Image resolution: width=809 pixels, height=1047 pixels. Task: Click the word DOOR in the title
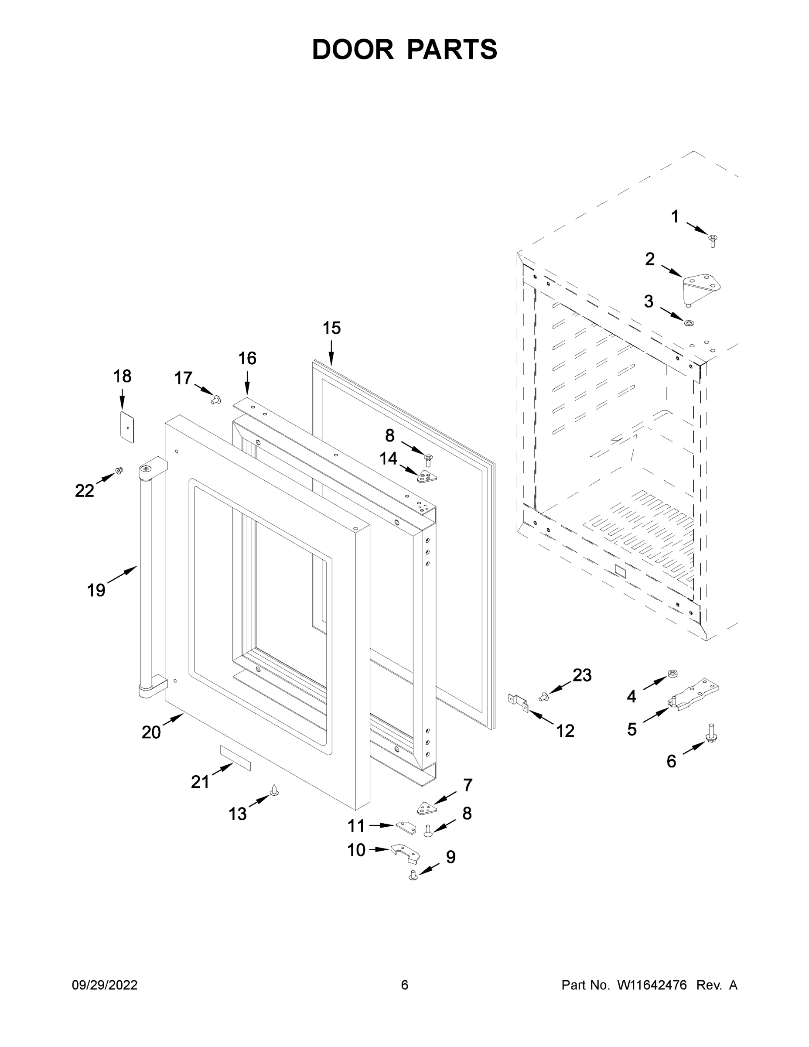(x=352, y=49)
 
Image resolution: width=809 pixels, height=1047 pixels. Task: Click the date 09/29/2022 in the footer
(x=105, y=985)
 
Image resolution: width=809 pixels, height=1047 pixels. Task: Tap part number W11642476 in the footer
(x=652, y=985)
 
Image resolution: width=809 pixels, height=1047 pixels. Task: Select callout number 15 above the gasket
(x=331, y=328)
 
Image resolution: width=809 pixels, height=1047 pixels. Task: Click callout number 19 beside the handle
(x=96, y=590)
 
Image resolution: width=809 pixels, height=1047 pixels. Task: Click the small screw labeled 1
(x=712, y=241)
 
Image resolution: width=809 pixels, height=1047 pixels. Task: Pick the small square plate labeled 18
(x=127, y=426)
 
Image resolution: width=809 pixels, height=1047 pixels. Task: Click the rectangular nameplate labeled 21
(x=235, y=757)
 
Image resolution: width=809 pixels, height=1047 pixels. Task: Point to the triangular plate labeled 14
(x=427, y=476)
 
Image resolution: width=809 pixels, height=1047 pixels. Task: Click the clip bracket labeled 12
(x=518, y=702)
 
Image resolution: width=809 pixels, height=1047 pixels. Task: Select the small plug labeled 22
(x=118, y=471)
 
